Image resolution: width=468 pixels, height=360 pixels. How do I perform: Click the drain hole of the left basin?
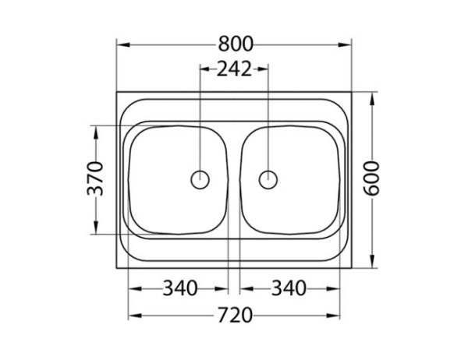(x=200, y=179)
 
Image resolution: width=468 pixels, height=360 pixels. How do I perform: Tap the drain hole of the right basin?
(x=268, y=179)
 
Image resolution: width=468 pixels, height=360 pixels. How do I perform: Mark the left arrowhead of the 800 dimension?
(x=122, y=44)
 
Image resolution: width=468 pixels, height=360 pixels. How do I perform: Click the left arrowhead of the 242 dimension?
(x=205, y=69)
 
